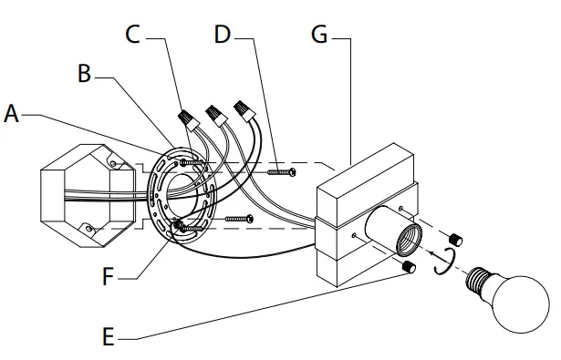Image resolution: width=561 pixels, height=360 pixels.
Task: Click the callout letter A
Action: tap(11, 114)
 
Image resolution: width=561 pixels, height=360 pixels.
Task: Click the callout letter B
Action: tap(85, 73)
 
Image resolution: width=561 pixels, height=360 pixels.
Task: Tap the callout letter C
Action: tap(133, 35)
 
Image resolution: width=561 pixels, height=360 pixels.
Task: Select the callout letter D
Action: tap(223, 35)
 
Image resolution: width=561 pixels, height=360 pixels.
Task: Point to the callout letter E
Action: tap(109, 336)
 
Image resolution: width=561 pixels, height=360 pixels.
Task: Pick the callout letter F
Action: tap(108, 276)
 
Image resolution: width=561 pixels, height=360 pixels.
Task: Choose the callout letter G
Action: tap(319, 35)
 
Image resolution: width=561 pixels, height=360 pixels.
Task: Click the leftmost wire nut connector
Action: tap(188, 119)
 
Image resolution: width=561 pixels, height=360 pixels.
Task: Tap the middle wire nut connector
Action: tap(216, 115)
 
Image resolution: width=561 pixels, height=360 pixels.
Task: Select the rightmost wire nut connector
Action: tap(244, 110)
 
